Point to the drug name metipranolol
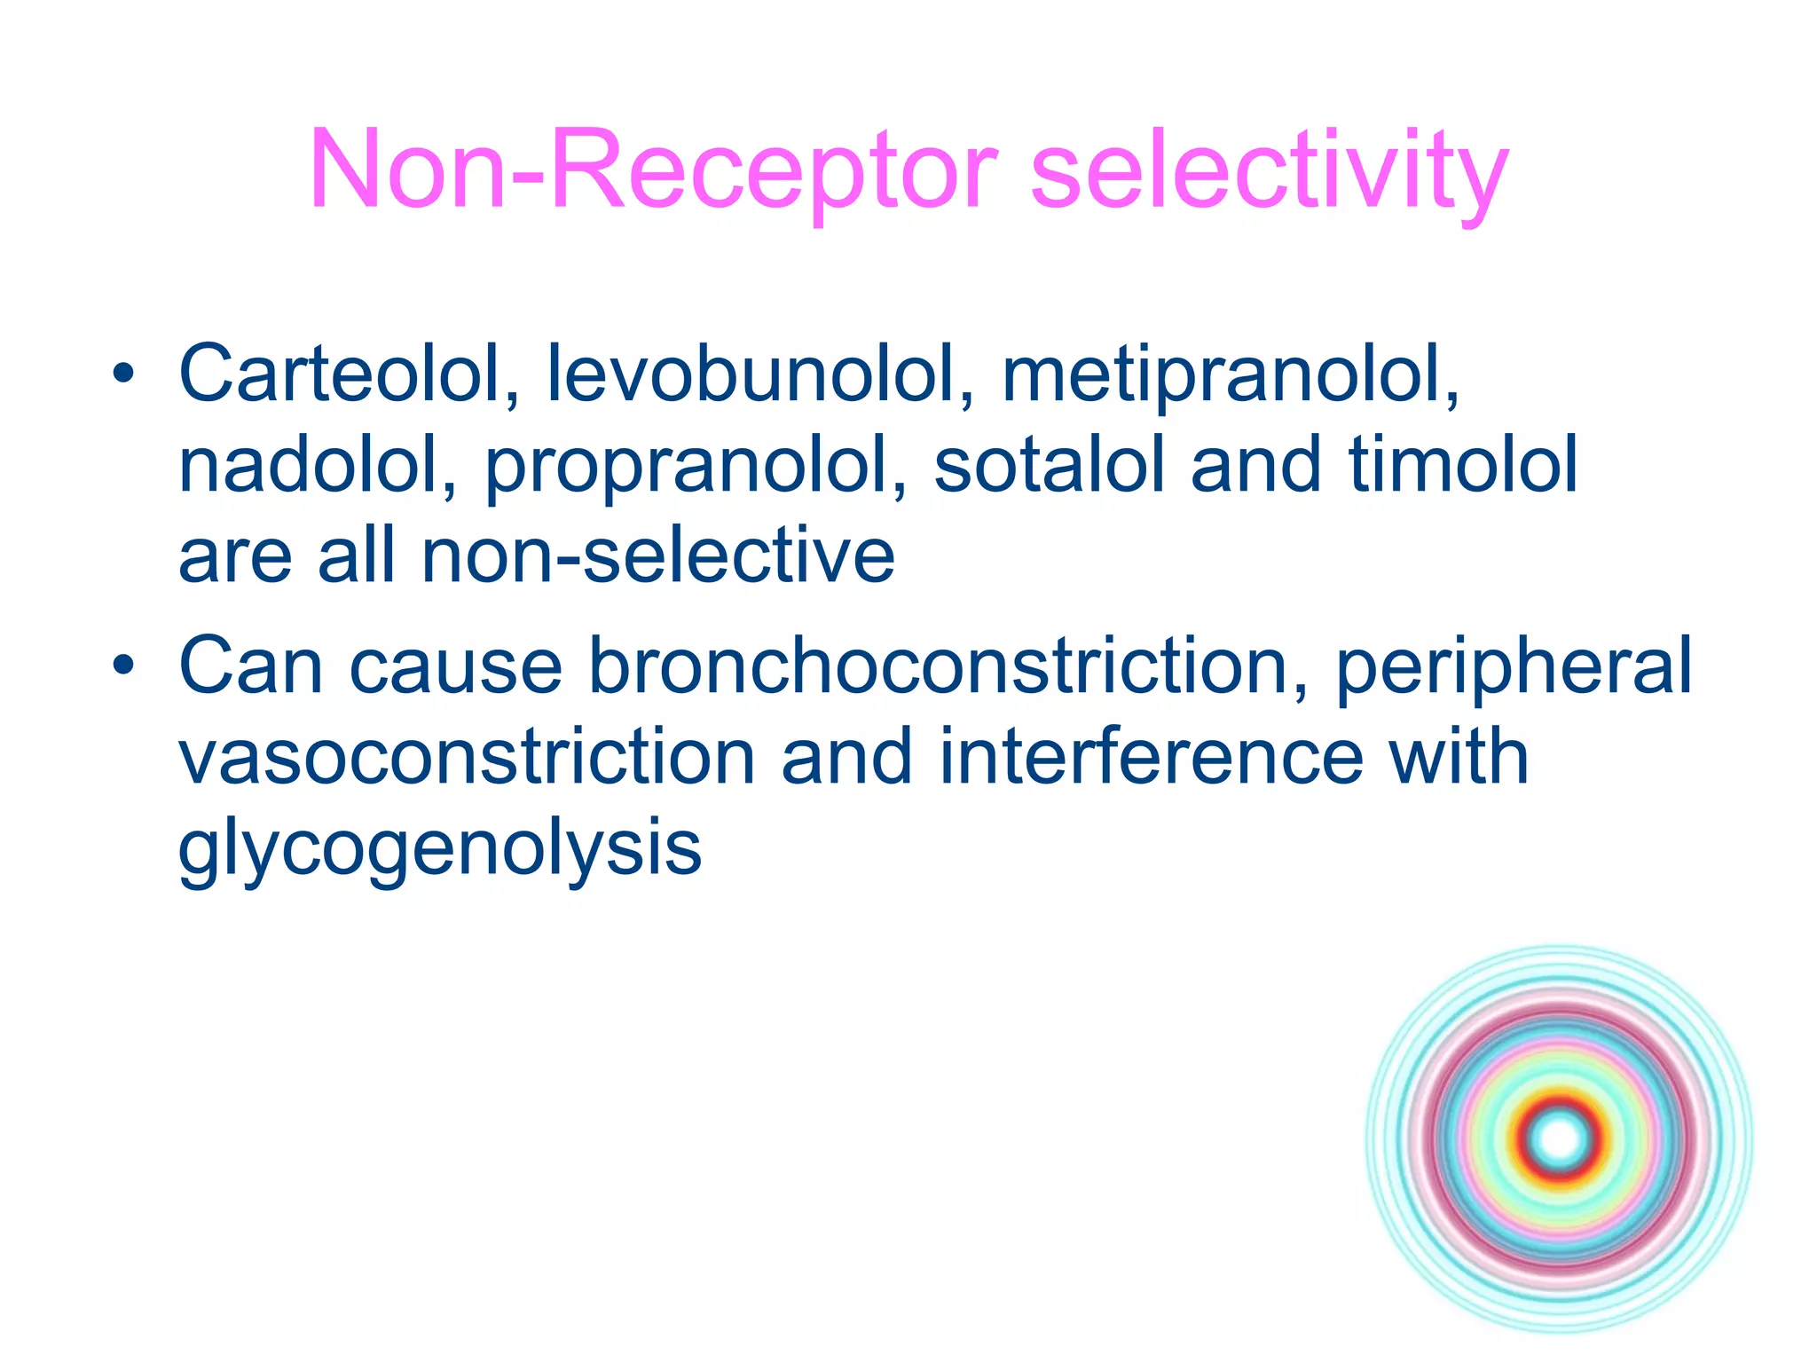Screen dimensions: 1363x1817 [1230, 374]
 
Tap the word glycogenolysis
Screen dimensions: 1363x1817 [440, 848]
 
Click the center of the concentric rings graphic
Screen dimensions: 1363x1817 [1560, 1139]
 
